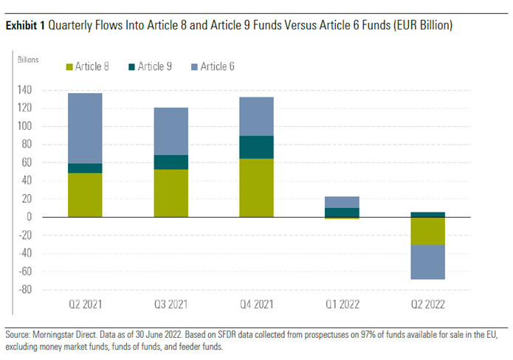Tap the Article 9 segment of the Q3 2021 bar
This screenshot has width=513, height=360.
171,162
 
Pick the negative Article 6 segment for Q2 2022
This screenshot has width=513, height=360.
428,262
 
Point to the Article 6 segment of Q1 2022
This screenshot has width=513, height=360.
342,202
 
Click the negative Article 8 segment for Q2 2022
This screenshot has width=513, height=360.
428,231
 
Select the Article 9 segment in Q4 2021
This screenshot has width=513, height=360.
256,148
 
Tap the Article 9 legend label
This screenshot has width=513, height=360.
155,67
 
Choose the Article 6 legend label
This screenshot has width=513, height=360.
218,67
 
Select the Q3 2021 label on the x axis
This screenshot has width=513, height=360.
171,304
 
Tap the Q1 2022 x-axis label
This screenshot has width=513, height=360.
342,304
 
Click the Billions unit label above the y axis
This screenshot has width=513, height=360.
28,58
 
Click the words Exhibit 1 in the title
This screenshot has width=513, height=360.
24,26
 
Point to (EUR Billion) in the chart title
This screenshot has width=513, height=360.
419,26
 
